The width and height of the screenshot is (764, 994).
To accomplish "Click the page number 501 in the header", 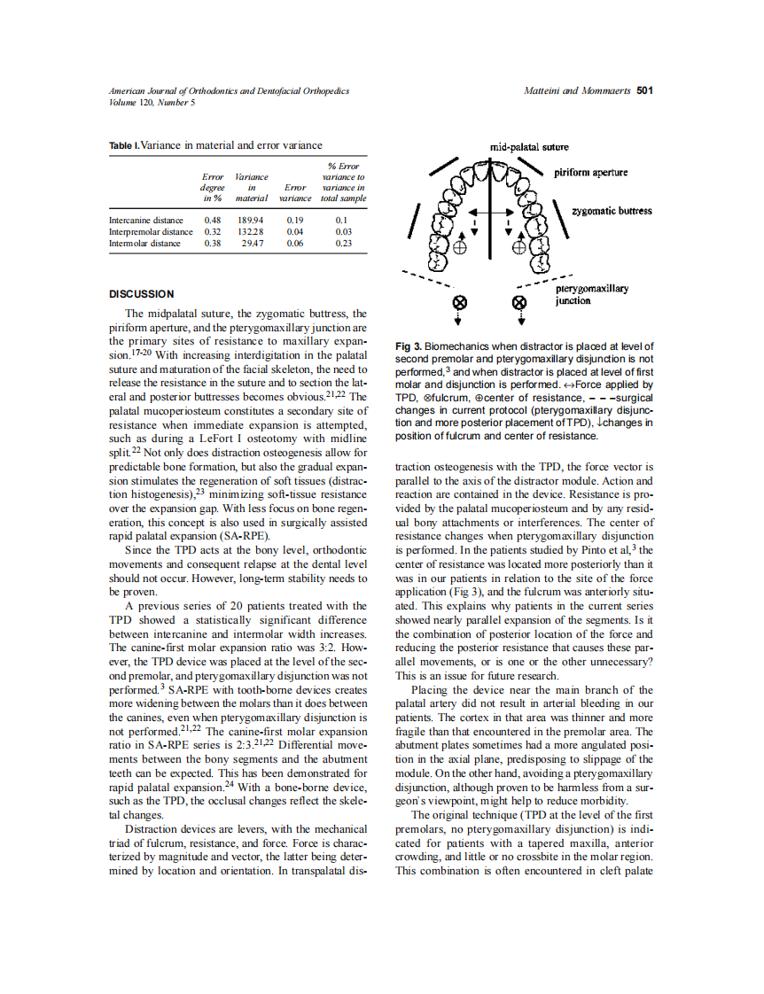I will coord(645,91).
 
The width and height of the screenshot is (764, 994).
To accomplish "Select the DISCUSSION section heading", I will coord(141,293).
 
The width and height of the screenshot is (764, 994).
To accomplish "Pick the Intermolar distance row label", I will coord(144,243).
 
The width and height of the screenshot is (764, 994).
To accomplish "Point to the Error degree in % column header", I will coord(213,188).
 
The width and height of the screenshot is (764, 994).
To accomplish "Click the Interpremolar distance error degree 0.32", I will coord(213,231).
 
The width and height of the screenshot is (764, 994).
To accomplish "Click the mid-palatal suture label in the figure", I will coord(529,147).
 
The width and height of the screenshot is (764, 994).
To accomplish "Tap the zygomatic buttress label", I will coord(612,211).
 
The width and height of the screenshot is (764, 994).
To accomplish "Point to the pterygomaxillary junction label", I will coord(592,295).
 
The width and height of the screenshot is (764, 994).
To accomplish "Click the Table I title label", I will coord(123,145).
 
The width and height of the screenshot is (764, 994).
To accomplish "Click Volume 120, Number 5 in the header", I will coord(152,102).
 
